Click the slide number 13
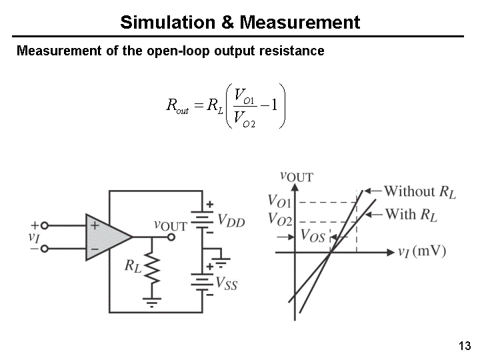coord(465,346)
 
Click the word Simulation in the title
coord(167,23)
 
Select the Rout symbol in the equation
coord(177,105)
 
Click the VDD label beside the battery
coord(231,221)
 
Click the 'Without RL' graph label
coord(419,192)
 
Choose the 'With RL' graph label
coord(411,215)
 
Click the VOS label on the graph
coord(313,235)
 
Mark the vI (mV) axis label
coord(421,251)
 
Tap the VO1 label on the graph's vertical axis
coord(279,201)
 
